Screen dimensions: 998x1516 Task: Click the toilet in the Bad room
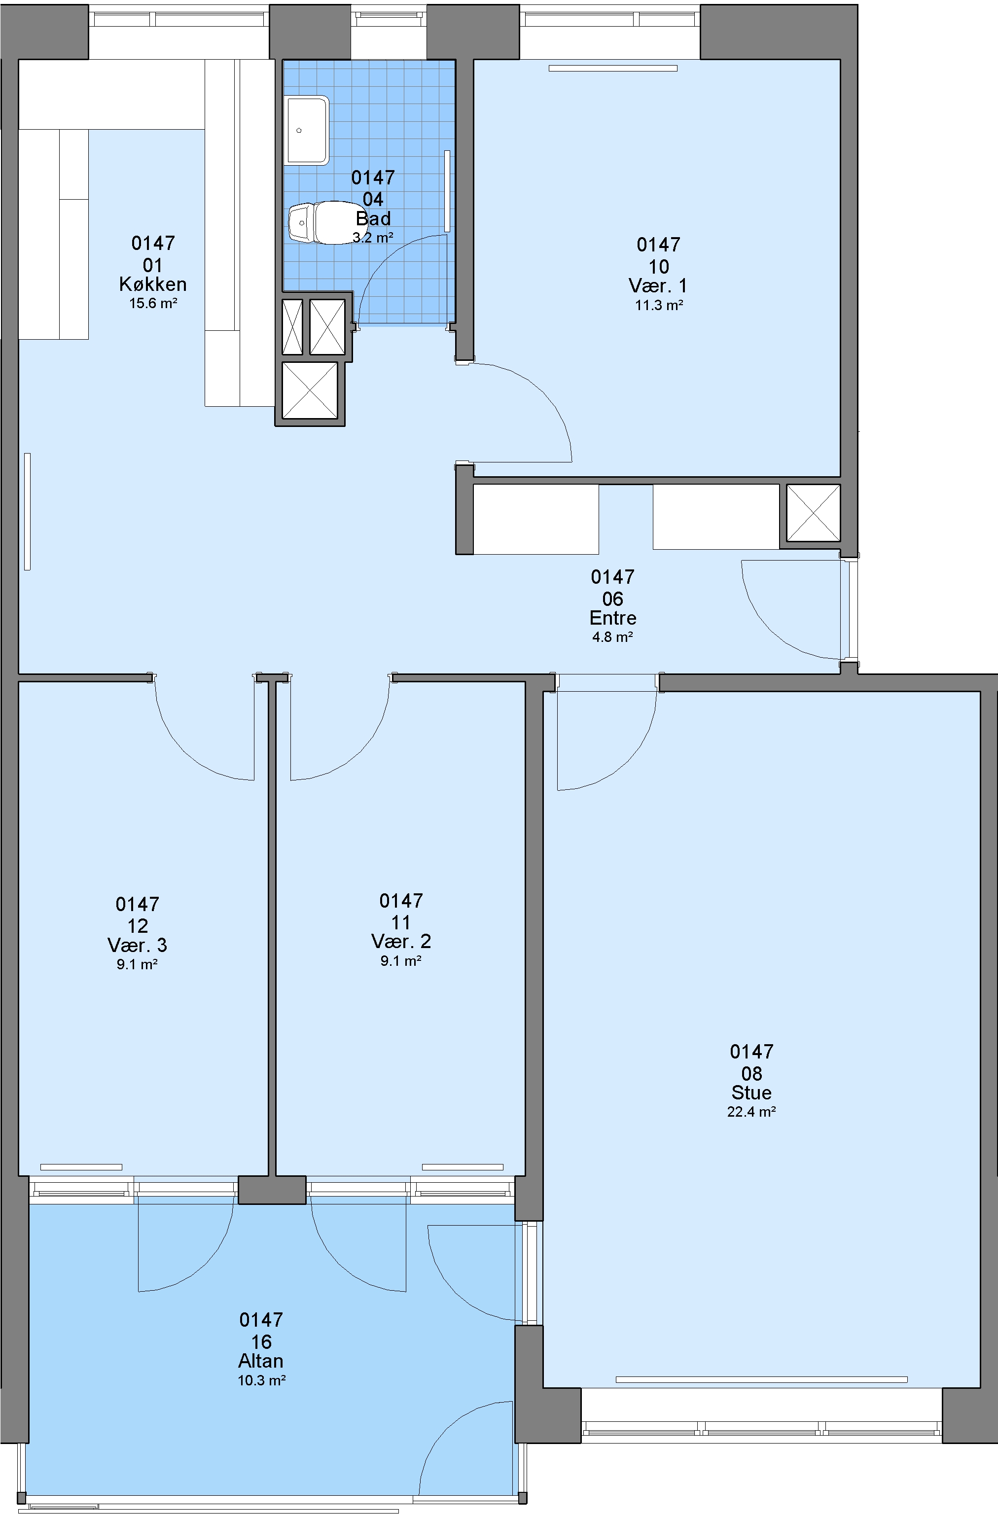click(325, 222)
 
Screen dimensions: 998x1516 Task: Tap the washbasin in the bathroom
click(307, 130)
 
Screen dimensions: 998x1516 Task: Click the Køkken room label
click(153, 284)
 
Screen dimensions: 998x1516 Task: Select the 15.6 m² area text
click(153, 303)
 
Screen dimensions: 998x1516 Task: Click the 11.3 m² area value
click(659, 305)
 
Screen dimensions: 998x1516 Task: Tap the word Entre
click(613, 618)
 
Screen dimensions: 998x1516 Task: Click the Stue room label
click(751, 1093)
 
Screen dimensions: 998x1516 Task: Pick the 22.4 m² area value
click(751, 1112)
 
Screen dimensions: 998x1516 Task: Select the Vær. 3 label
click(138, 945)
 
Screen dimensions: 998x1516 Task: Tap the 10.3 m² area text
click(261, 1380)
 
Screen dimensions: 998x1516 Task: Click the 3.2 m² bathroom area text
click(373, 238)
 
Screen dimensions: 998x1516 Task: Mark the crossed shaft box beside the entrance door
click(813, 513)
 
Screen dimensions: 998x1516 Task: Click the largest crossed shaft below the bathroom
click(310, 391)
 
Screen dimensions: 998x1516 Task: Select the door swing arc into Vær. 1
click(529, 401)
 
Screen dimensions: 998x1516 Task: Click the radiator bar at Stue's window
click(762, 1380)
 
